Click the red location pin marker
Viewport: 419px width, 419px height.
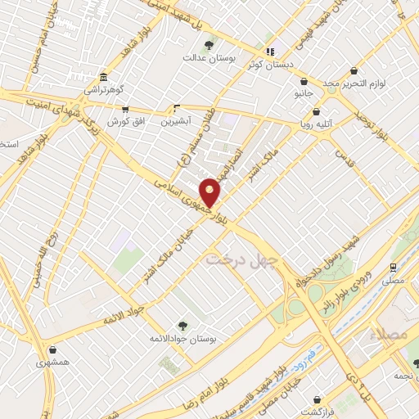click(211, 191)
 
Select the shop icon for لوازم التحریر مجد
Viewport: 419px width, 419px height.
click(353, 71)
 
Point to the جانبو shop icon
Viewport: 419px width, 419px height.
click(304, 82)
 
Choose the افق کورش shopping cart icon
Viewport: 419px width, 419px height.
click(124, 109)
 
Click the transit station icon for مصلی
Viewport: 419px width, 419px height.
click(394, 268)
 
